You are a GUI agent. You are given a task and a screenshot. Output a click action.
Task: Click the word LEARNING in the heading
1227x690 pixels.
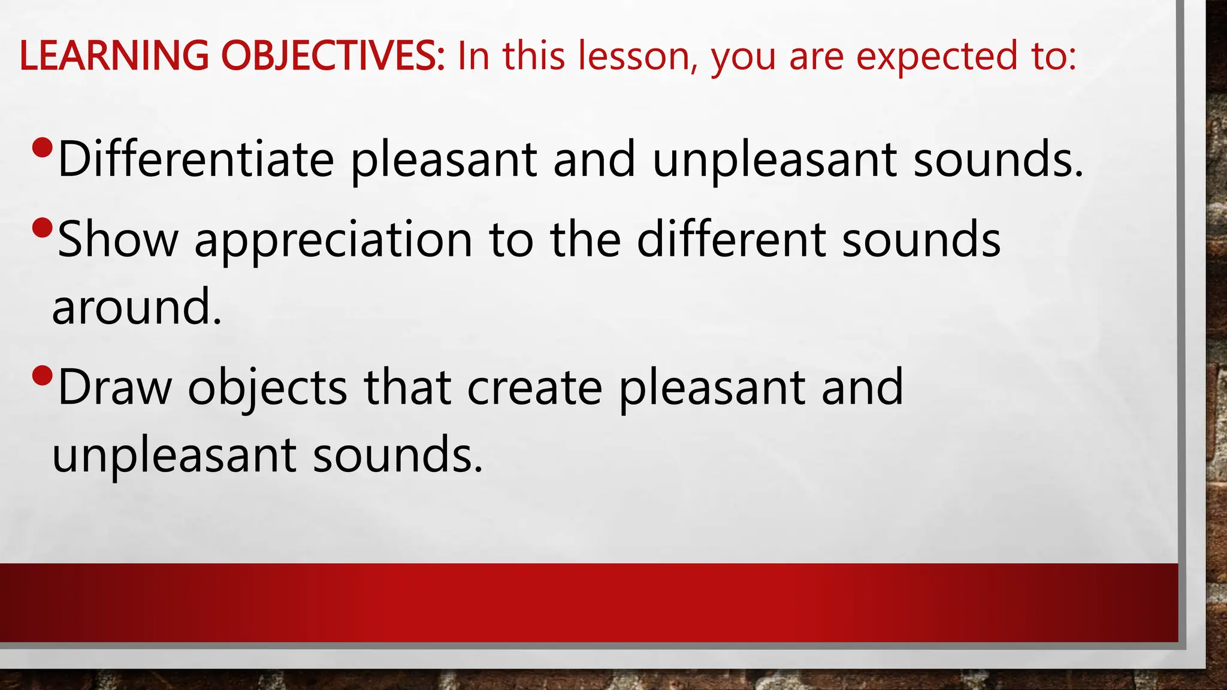[x=114, y=56]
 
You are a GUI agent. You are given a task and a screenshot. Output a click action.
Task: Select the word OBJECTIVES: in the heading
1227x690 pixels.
[x=333, y=56]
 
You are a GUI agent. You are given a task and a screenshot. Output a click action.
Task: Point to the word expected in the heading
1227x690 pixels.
[x=931, y=56]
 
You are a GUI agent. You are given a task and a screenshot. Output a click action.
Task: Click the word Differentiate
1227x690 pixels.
[x=195, y=159]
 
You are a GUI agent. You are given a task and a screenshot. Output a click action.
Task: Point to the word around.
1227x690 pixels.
[x=137, y=307]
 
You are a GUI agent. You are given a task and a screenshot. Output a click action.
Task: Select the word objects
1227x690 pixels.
[x=267, y=388]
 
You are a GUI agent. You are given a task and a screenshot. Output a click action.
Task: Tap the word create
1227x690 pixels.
[x=534, y=388]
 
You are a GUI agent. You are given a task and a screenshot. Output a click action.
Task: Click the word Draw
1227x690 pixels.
[x=115, y=388]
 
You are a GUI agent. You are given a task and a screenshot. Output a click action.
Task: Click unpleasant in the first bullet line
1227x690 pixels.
[x=774, y=161]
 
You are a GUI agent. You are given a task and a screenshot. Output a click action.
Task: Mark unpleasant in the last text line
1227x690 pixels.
[x=174, y=455]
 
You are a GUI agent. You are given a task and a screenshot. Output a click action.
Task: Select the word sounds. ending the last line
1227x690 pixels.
[x=397, y=455]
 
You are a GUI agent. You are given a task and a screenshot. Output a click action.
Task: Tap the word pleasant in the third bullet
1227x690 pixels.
[x=712, y=388]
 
